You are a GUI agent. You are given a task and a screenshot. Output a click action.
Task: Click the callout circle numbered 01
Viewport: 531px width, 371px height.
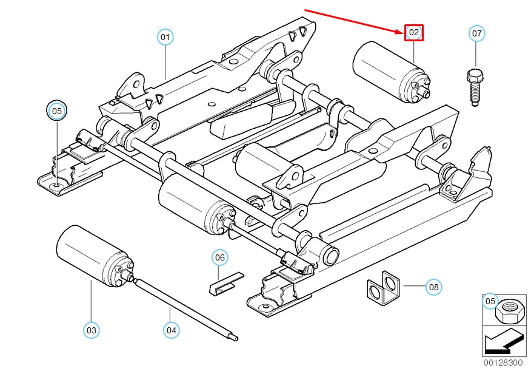point(165,37)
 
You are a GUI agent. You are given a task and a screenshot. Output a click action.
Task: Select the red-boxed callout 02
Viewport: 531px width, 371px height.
point(414,32)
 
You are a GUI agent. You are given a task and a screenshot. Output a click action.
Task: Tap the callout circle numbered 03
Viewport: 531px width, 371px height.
point(91,330)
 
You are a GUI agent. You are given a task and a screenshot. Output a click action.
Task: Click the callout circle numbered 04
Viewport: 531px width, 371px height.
point(170,330)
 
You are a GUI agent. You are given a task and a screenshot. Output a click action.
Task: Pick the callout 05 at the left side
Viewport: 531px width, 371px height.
point(56,111)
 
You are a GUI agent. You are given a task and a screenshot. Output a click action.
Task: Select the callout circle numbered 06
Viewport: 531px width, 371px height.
point(220,258)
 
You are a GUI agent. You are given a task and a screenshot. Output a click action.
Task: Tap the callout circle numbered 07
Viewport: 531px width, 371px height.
point(477,33)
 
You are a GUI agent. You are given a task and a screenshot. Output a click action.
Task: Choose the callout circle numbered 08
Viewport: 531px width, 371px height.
point(433,286)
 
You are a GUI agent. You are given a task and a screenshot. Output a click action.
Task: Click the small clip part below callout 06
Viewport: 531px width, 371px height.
point(225,283)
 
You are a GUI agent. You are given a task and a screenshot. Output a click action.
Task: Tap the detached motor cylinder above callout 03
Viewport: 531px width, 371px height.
point(91,250)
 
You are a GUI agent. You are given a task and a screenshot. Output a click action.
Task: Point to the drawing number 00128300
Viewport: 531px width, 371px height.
point(503,363)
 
